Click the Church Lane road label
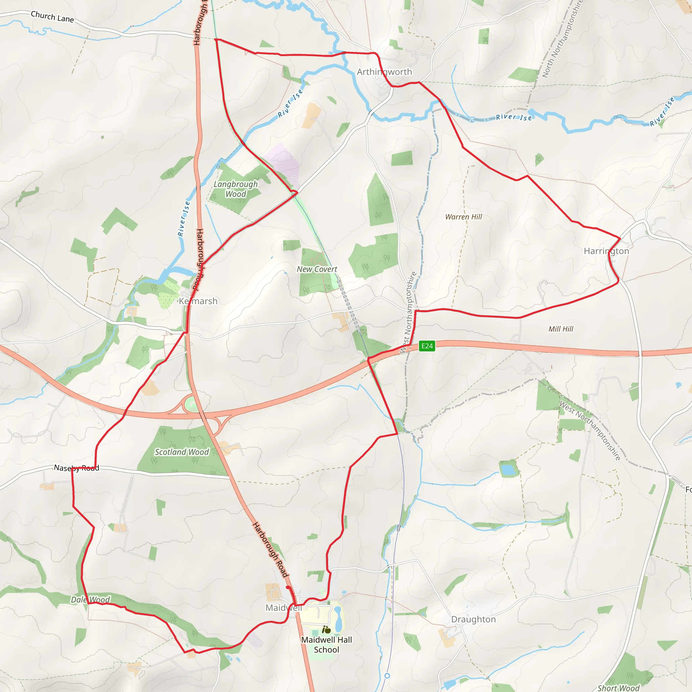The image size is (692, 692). [x=52, y=17]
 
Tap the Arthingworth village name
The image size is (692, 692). [x=384, y=72]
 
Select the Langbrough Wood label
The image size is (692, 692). [x=236, y=189]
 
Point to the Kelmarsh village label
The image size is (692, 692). [x=198, y=301]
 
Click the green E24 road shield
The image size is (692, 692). [x=427, y=346]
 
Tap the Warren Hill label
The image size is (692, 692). [x=464, y=217]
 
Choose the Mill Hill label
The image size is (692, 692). [x=561, y=329]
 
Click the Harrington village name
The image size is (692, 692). [x=607, y=251]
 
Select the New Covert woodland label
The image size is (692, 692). [x=317, y=269]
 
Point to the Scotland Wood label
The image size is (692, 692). [x=181, y=452]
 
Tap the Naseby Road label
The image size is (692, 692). [x=76, y=468]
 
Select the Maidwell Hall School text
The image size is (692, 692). [x=326, y=645]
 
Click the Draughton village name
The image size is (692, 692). [x=473, y=619]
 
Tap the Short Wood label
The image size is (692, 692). [x=618, y=688]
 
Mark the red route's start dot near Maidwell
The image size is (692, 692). [x=288, y=587]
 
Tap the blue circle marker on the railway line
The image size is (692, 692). [x=387, y=675]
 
